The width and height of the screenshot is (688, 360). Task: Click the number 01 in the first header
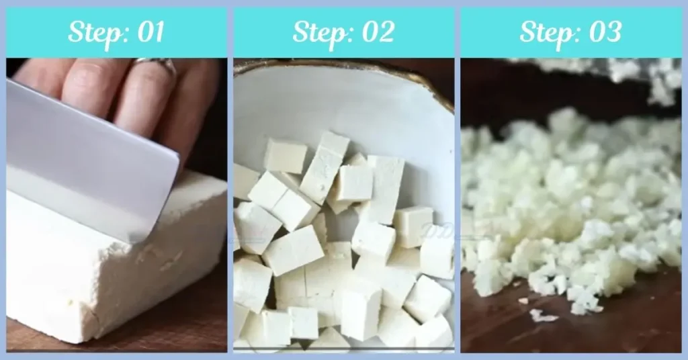[149, 32]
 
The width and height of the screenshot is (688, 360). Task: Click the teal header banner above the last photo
[658, 32]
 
